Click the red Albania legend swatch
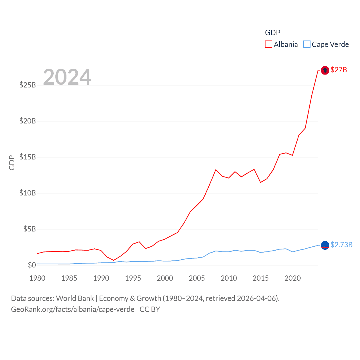pyautogui.click(x=269, y=44)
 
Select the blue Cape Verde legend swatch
pyautogui.click(x=307, y=44)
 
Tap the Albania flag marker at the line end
pyautogui.click(x=325, y=70)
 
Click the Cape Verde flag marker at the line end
pyautogui.click(x=325, y=245)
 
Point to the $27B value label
pyautogui.click(x=339, y=70)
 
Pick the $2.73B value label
pyautogui.click(x=341, y=245)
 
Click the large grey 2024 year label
pyautogui.click(x=67, y=77)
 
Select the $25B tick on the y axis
pyautogui.click(x=28, y=85)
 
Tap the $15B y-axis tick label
pyautogui.click(x=28, y=157)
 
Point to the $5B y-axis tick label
pyautogui.click(x=30, y=229)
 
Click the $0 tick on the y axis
pyautogui.click(x=32, y=265)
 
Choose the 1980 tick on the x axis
pyautogui.click(x=37, y=278)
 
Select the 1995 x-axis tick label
pyautogui.click(x=133, y=278)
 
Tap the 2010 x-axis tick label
pyautogui.click(x=229, y=278)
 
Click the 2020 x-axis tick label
pyautogui.click(x=292, y=278)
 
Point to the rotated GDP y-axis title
pyautogui.click(x=12, y=163)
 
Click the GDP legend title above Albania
pyautogui.click(x=273, y=33)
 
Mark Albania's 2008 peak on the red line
pyautogui.click(x=216, y=170)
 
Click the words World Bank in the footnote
pyautogui.click(x=75, y=298)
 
